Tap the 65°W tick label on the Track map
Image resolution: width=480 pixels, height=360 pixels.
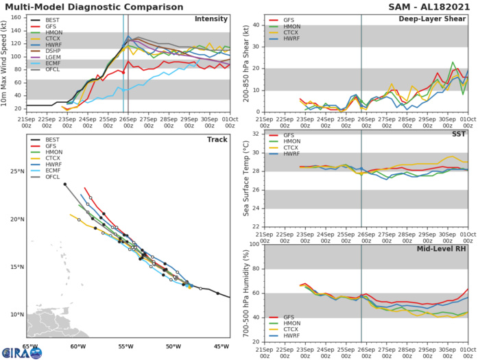point(28,346)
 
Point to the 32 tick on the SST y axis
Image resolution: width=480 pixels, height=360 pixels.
point(254,134)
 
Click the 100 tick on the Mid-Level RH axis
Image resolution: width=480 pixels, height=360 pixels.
point(252,243)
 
